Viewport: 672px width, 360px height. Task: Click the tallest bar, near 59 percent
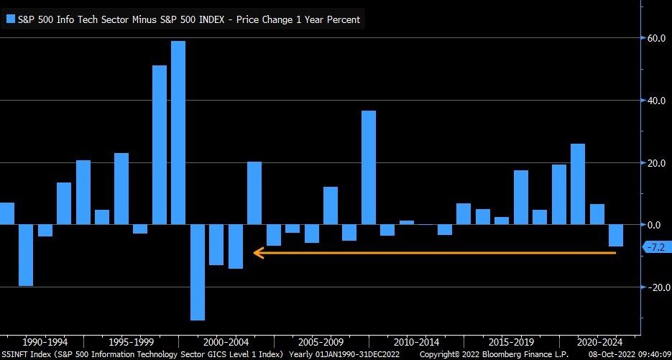pos(178,133)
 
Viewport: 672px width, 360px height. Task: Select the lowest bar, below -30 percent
pos(197,272)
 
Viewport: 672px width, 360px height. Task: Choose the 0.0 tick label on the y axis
pos(655,225)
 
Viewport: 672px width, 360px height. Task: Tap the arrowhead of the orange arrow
pos(256,252)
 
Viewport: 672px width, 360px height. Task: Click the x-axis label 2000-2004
pos(225,342)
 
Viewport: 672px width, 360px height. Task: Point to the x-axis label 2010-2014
pos(416,342)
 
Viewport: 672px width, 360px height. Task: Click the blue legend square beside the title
pos(9,19)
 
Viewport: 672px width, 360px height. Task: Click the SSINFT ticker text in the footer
pos(15,354)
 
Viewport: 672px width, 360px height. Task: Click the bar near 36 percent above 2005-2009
pos(368,167)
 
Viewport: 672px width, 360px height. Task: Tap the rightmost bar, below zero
pos(616,236)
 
